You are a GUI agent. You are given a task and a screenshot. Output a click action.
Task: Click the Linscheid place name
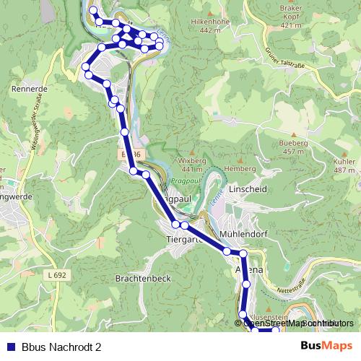pyautogui.click(x=248, y=188)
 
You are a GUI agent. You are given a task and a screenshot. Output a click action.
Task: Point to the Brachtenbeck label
pyautogui.click(x=144, y=278)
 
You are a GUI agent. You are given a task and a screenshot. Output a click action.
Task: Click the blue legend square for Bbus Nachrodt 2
pyautogui.click(x=9, y=347)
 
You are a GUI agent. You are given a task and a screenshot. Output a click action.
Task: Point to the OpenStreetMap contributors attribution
pyautogui.click(x=296, y=323)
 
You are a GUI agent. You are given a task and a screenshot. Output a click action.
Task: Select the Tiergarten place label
pyautogui.click(x=180, y=239)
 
